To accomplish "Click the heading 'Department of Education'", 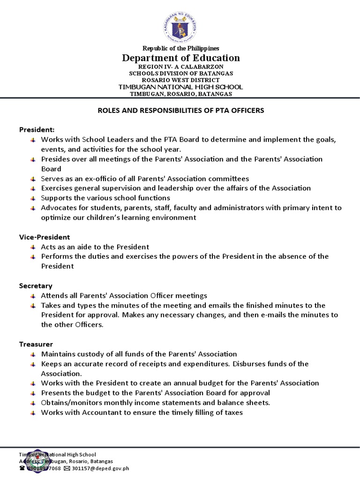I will point(181,58).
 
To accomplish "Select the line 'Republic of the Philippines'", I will point(181,48).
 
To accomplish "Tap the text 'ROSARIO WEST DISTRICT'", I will point(181,80).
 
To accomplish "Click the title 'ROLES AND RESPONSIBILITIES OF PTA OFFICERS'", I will point(181,111).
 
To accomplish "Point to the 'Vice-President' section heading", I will point(44,237).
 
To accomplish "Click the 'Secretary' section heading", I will point(36,285).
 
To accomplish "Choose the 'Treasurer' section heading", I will point(36,344).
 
